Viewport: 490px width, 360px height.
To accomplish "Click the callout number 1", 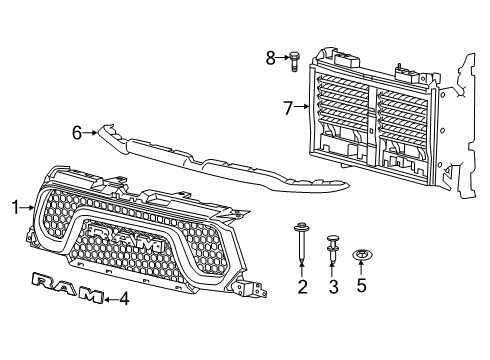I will pyautogui.click(x=15, y=207).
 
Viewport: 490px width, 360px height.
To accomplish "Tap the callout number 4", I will pyautogui.click(x=124, y=297).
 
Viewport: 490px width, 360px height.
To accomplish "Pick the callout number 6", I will pyautogui.click(x=76, y=131).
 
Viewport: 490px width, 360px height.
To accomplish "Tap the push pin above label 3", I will pyautogui.click(x=332, y=247).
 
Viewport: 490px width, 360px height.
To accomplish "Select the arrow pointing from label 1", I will pyautogui.click(x=27, y=207).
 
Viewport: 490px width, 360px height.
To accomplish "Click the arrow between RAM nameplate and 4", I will pyautogui.click(x=110, y=297).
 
